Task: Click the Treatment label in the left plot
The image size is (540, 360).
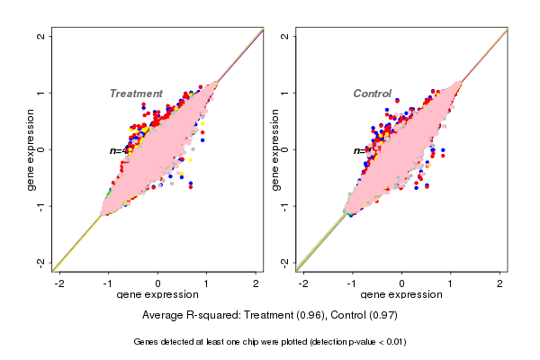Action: (136, 94)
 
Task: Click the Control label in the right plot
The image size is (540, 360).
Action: (372, 94)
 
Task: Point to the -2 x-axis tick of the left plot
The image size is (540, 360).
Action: (59, 283)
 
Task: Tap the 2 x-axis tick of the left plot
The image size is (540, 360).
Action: (256, 283)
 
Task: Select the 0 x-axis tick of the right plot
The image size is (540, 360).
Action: (402, 283)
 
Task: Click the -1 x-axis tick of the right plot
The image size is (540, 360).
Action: (353, 283)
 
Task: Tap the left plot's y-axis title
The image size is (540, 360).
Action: (31, 149)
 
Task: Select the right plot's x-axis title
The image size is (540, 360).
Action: (402, 295)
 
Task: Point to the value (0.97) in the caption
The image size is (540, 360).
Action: (381, 316)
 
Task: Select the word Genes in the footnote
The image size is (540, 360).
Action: (148, 342)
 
